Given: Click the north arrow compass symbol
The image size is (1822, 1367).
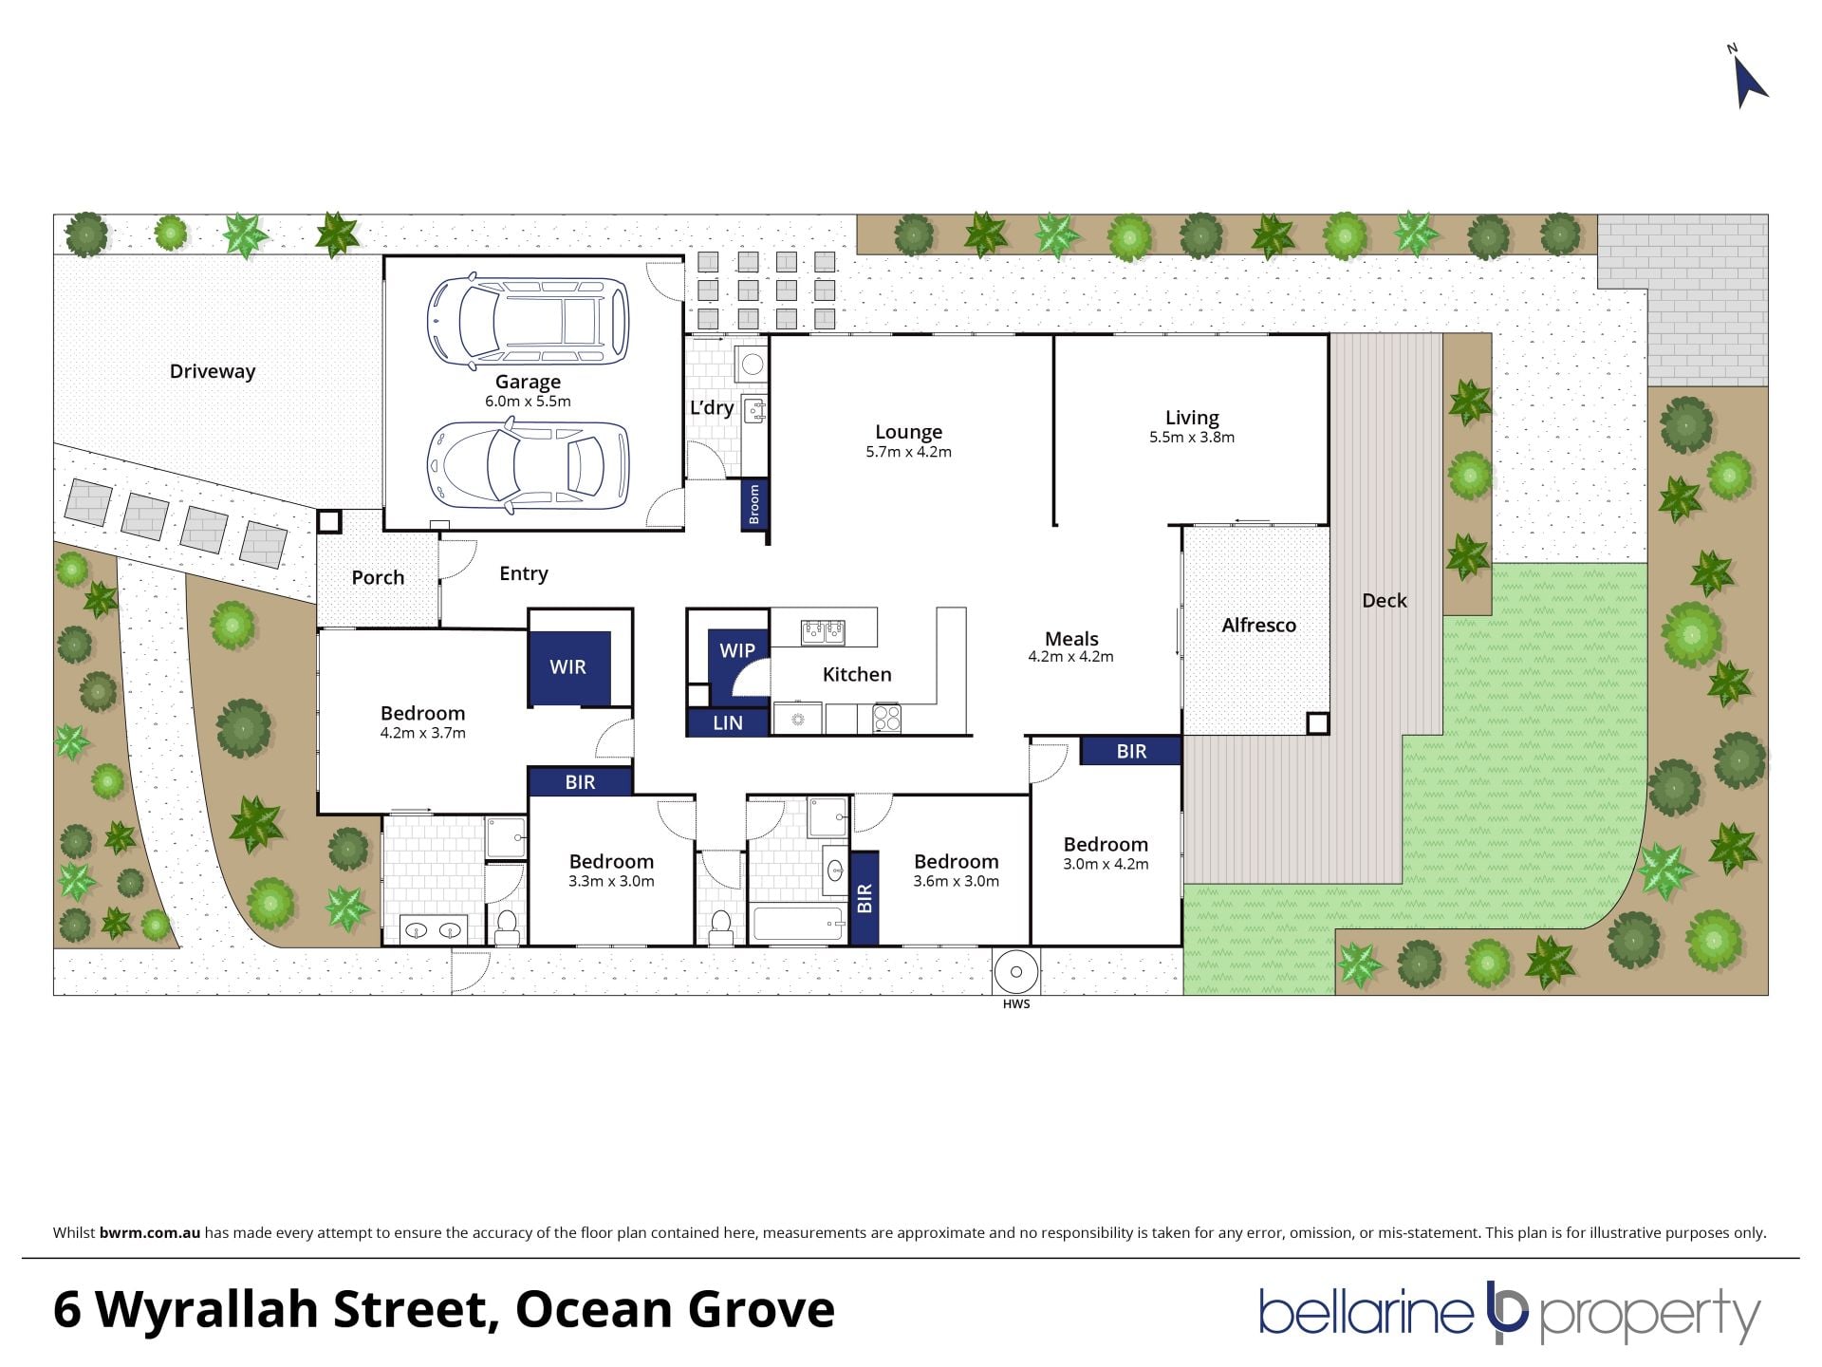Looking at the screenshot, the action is pyautogui.click(x=1749, y=81).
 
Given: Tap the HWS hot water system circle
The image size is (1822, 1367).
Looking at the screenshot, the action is pyautogui.click(x=1016, y=971).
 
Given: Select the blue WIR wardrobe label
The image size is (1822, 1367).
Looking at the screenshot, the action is pyautogui.click(x=567, y=667).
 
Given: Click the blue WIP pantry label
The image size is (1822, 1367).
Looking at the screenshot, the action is pyautogui.click(x=736, y=650).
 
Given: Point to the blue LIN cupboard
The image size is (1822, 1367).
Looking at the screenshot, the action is pyautogui.click(x=728, y=722).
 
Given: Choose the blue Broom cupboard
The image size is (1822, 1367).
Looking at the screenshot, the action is pyautogui.click(x=754, y=504).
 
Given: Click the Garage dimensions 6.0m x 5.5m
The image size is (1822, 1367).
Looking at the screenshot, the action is pyautogui.click(x=528, y=402).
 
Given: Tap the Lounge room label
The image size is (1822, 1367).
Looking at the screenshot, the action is pyautogui.click(x=908, y=432).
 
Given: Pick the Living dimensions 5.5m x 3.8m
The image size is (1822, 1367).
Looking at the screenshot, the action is pyautogui.click(x=1192, y=438).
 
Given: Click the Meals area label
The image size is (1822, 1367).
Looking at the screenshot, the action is pyautogui.click(x=1071, y=639).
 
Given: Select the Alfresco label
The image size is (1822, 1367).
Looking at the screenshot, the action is pyautogui.click(x=1258, y=625).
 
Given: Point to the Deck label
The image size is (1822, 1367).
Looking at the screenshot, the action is pyautogui.click(x=1385, y=600).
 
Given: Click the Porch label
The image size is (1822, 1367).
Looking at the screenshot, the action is pyautogui.click(x=378, y=577).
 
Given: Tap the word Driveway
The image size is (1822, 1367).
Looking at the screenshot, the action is pyautogui.click(x=213, y=371).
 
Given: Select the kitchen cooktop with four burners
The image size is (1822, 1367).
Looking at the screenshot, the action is pyautogui.click(x=886, y=718).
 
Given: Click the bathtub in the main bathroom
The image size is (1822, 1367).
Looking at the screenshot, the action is pyautogui.click(x=797, y=924).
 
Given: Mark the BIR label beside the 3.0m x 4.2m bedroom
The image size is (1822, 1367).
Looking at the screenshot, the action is pyautogui.click(x=1131, y=752).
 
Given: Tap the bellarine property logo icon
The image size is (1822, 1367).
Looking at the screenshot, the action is pyautogui.click(x=1507, y=1312).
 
